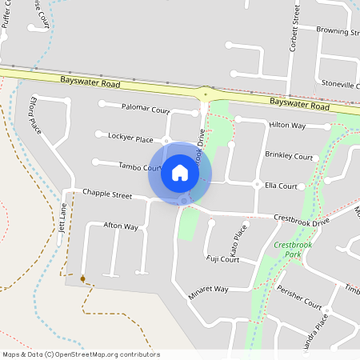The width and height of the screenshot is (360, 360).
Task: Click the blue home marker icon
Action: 180,173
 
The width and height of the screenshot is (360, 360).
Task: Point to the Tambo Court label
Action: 140,167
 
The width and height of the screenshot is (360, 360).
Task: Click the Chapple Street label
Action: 106,194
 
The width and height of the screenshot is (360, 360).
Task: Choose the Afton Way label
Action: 121,227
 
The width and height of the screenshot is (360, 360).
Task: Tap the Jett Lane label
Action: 62,216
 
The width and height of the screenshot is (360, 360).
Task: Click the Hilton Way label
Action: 287,126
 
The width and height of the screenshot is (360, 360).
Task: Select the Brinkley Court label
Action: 289,157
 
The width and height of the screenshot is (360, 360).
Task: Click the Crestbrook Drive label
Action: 301,218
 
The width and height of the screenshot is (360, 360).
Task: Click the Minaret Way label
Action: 209,288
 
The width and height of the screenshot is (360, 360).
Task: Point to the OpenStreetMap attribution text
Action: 81,354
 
